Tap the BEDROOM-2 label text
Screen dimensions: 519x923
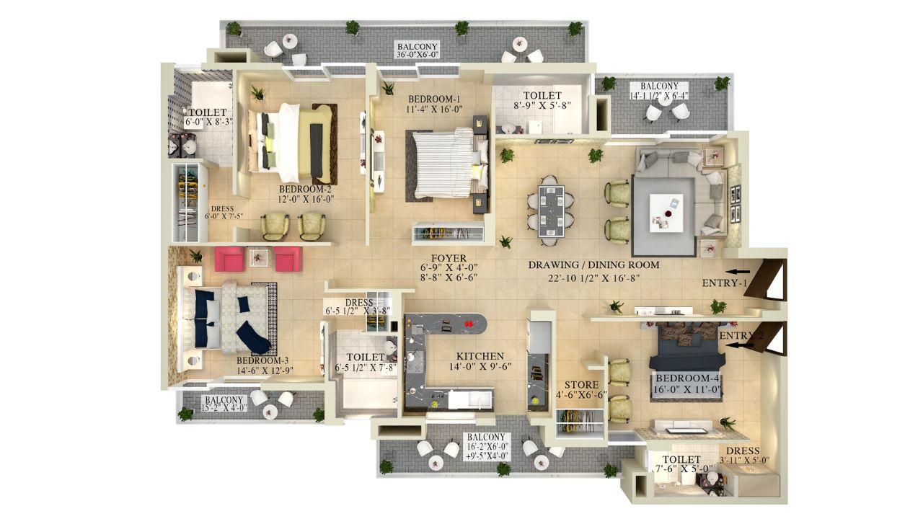305,188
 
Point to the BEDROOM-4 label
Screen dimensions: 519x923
687,378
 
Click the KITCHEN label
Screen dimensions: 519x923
480,356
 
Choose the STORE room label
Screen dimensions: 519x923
581,384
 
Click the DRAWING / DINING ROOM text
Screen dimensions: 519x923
593,265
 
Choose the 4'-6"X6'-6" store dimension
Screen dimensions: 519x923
580,395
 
